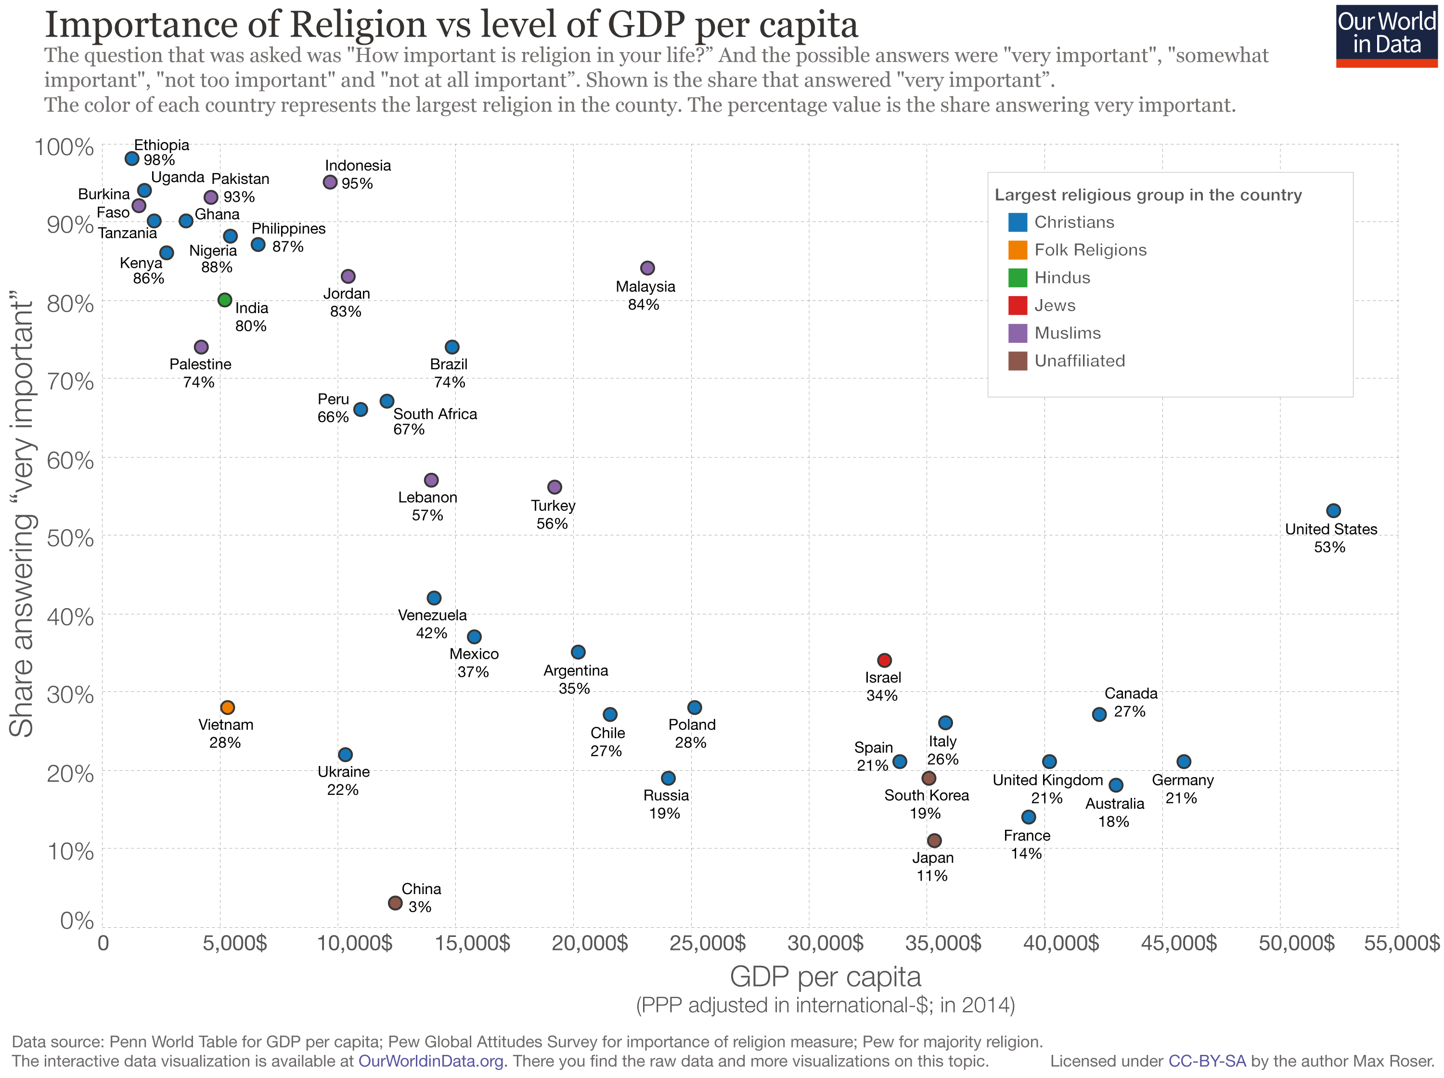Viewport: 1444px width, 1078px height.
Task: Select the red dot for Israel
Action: [x=884, y=661]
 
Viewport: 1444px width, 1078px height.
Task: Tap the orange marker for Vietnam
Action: [x=227, y=707]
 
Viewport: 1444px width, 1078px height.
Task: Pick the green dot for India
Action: [x=224, y=300]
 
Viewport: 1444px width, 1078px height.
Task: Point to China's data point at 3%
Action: [x=395, y=902]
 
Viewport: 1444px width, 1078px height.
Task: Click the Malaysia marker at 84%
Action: [x=647, y=268]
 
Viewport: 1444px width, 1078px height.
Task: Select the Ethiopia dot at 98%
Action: [x=132, y=158]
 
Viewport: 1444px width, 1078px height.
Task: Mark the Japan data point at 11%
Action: [x=934, y=841]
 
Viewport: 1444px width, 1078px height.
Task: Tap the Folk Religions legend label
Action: [x=1090, y=250]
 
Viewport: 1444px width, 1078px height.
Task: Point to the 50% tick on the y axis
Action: [x=70, y=538]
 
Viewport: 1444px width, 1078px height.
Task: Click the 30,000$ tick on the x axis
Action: [x=825, y=943]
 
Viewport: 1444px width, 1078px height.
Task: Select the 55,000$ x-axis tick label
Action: [x=1401, y=943]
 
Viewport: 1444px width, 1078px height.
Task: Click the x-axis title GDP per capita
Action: [x=825, y=977]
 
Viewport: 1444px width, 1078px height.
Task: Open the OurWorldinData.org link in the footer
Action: [x=431, y=1061]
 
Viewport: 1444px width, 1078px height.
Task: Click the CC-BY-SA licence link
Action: [x=1207, y=1061]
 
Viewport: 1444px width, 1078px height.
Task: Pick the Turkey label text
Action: [x=553, y=506]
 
